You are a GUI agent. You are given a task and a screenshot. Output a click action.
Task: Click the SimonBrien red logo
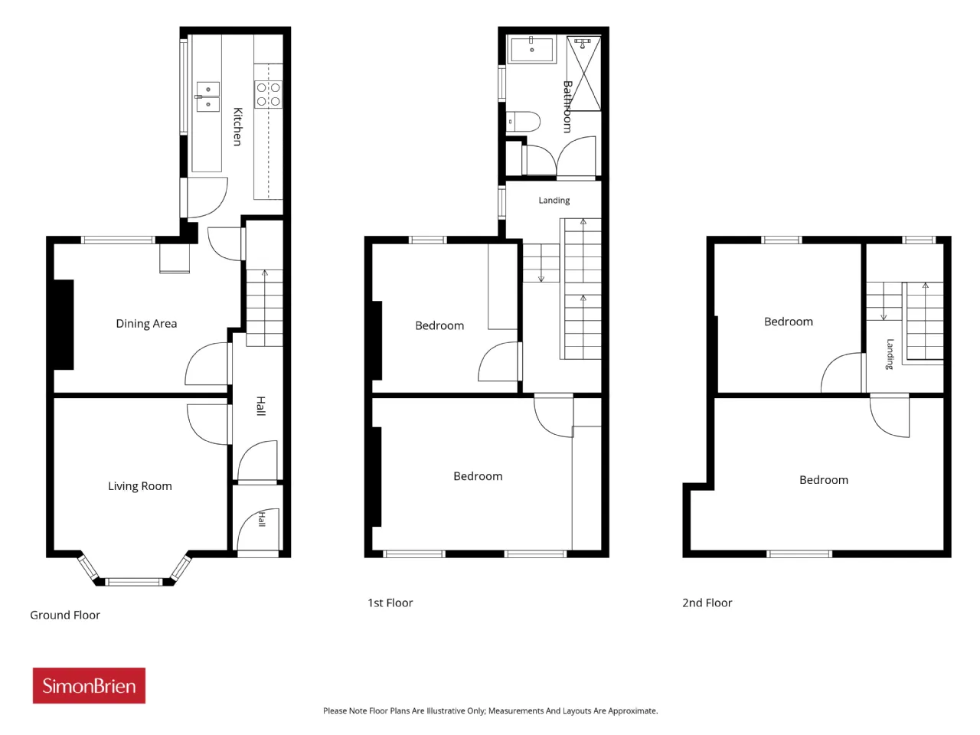click(x=89, y=685)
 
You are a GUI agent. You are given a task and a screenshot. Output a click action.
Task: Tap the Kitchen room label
click(x=238, y=127)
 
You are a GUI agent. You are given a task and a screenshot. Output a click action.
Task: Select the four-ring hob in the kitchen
click(x=268, y=94)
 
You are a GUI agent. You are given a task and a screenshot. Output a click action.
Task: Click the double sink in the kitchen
click(x=207, y=96)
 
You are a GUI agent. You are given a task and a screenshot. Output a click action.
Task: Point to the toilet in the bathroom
click(x=523, y=122)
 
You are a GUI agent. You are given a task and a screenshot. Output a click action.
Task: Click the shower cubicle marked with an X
click(x=583, y=73)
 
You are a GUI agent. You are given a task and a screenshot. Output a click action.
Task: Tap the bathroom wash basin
click(x=531, y=49)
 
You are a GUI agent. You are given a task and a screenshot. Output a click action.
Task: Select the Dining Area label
click(x=146, y=324)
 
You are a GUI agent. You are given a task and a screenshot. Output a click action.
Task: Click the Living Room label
click(x=140, y=486)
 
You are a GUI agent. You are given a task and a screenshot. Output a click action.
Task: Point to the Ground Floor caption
click(x=65, y=615)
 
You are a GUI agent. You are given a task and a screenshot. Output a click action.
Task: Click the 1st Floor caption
click(x=390, y=603)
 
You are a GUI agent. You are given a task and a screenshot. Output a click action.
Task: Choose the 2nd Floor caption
click(x=707, y=603)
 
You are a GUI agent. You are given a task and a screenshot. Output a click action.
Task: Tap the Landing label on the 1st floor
click(x=554, y=201)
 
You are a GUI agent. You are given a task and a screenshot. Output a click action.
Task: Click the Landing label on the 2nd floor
click(x=890, y=354)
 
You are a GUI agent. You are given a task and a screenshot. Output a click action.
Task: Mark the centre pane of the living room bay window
click(x=133, y=581)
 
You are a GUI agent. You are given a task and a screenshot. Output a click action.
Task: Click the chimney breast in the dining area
click(x=64, y=325)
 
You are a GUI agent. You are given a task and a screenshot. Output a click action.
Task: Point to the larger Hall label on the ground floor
click(x=261, y=406)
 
